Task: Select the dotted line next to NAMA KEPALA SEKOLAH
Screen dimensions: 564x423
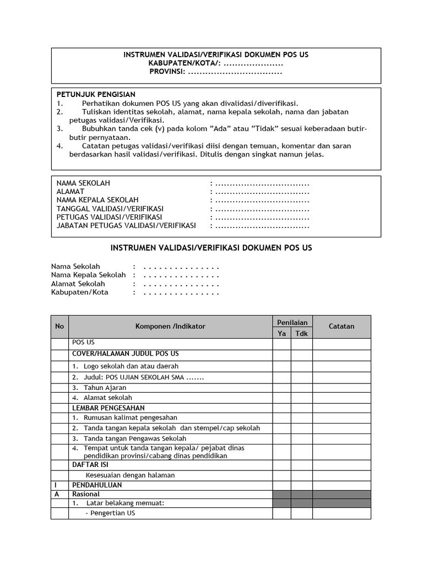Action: (262, 200)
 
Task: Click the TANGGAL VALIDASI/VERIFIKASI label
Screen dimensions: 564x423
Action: (110, 209)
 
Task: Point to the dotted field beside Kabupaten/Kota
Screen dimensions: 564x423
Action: (181, 292)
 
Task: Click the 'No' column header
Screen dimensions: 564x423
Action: (59, 327)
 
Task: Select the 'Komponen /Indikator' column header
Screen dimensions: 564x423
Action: (170, 327)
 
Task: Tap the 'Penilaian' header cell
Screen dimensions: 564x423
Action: (292, 322)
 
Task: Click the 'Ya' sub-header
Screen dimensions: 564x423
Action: (282, 334)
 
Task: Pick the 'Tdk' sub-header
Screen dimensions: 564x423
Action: (302, 334)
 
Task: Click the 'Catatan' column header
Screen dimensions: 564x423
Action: (341, 327)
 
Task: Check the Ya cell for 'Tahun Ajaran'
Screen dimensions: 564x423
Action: (282, 387)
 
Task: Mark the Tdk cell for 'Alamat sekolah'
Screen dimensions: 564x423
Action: (302, 397)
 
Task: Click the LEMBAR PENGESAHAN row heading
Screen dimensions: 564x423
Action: (109, 408)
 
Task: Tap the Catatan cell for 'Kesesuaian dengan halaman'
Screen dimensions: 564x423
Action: (341, 475)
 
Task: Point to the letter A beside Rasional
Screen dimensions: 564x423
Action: (56, 495)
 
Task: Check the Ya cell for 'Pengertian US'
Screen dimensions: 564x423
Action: (282, 513)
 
